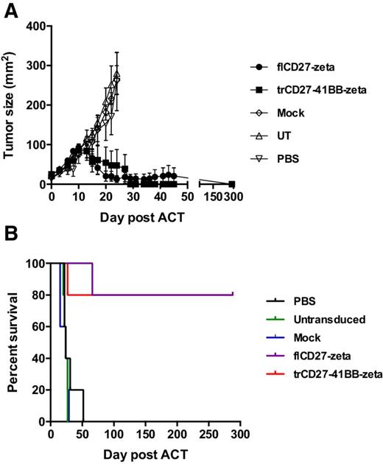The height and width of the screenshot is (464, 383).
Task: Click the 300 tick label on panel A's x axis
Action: (233, 197)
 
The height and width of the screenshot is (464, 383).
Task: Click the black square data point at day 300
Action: (232, 184)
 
